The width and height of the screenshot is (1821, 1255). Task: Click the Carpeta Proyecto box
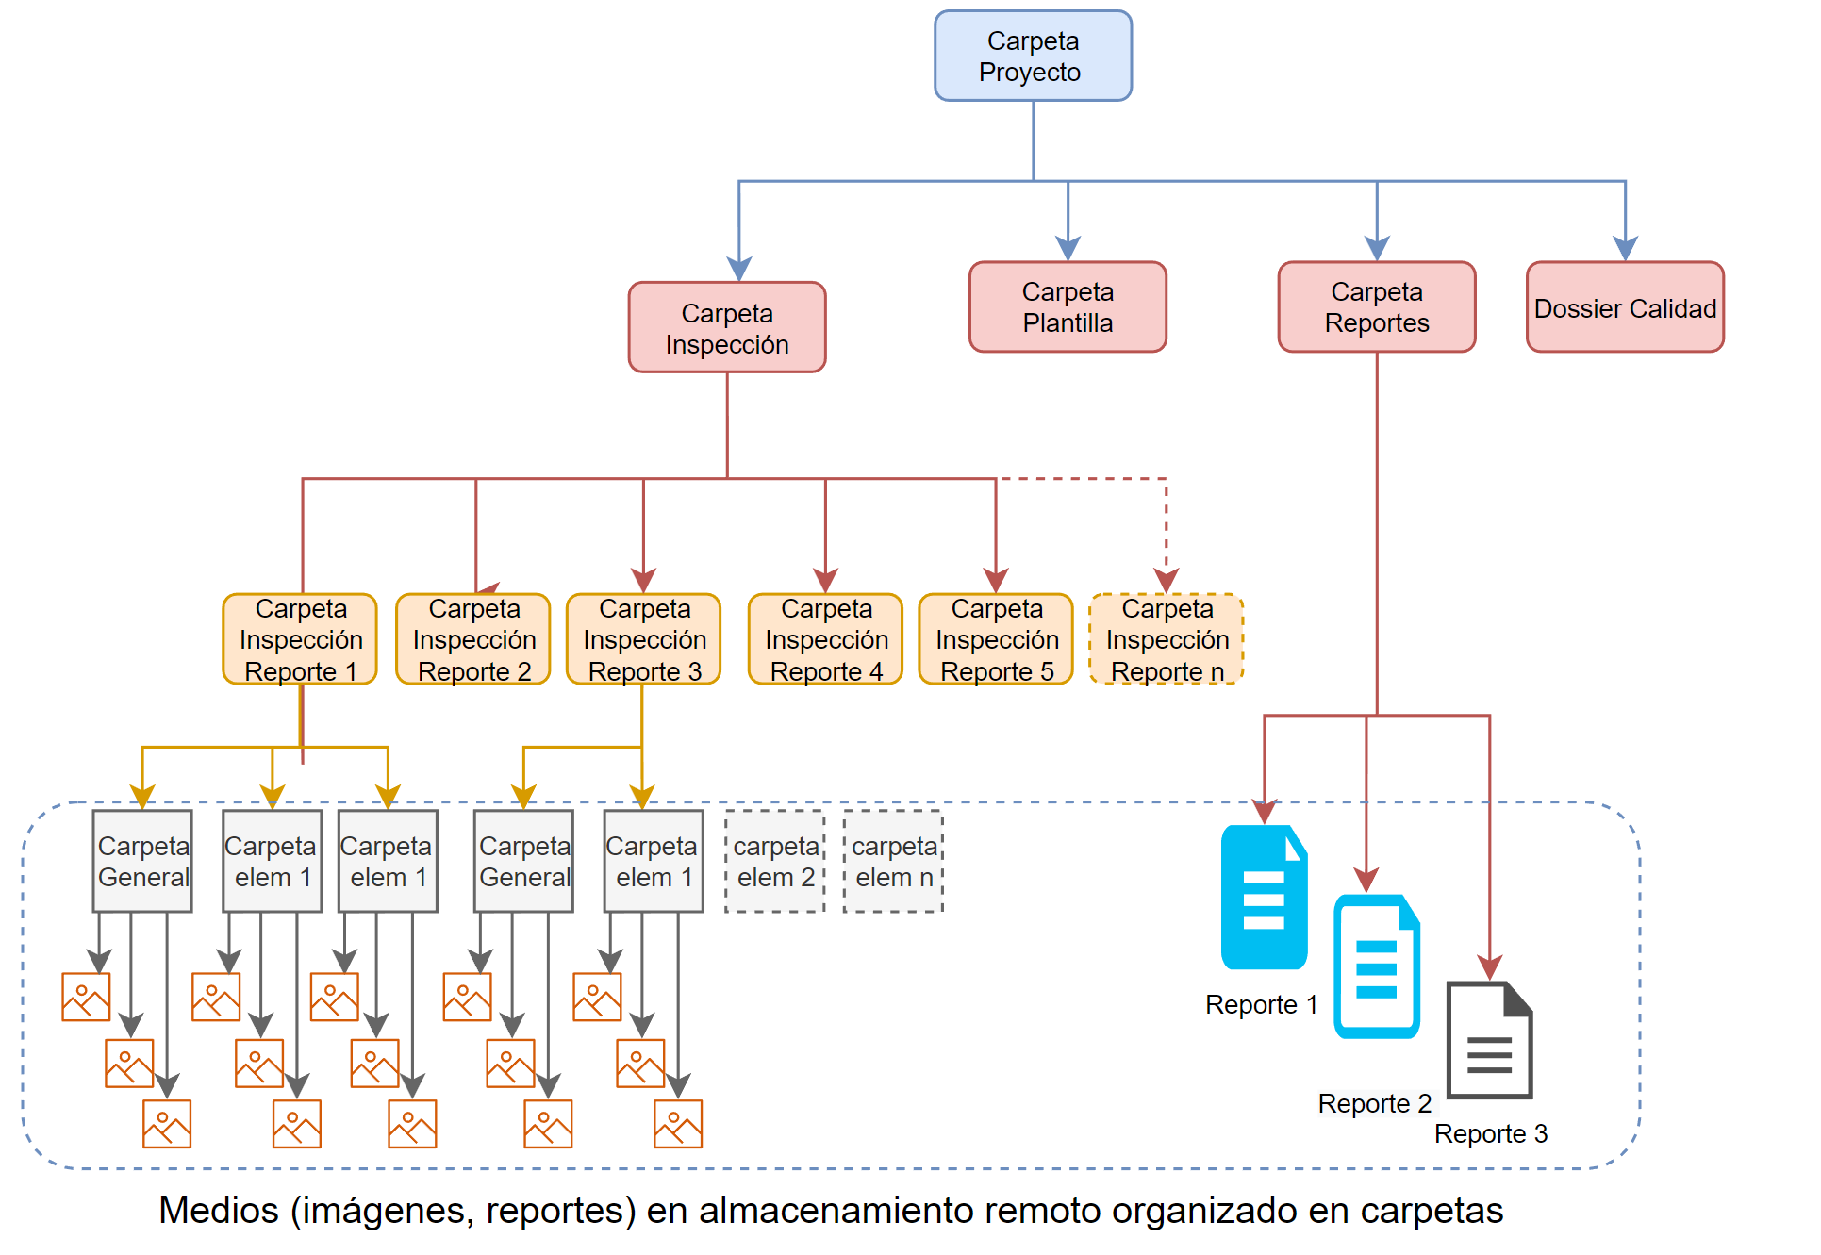tap(1033, 57)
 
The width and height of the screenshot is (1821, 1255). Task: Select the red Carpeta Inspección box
tap(727, 328)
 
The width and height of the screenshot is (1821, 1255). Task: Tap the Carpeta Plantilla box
tap(1068, 307)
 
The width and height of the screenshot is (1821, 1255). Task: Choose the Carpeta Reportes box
tap(1376, 307)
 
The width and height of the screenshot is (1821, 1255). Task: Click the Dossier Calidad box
tap(1624, 308)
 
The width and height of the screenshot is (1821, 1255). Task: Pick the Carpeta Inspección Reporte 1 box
tap(300, 639)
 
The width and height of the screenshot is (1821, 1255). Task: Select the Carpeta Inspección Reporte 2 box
tap(473, 639)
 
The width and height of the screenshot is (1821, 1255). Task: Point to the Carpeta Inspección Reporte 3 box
tap(644, 639)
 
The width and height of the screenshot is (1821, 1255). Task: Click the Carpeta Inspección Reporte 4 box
tap(826, 639)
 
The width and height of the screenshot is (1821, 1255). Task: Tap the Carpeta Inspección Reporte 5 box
tap(996, 639)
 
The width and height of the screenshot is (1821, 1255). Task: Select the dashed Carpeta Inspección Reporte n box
tap(1167, 639)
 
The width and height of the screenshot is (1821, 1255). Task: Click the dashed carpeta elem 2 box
tap(775, 862)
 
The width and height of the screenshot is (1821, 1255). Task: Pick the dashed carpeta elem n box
tap(893, 862)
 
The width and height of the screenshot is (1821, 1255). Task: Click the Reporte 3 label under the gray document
tap(1490, 1133)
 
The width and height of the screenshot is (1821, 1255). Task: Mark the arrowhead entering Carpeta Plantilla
tap(1068, 249)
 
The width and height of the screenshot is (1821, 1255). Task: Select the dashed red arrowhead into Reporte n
tap(1167, 580)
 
